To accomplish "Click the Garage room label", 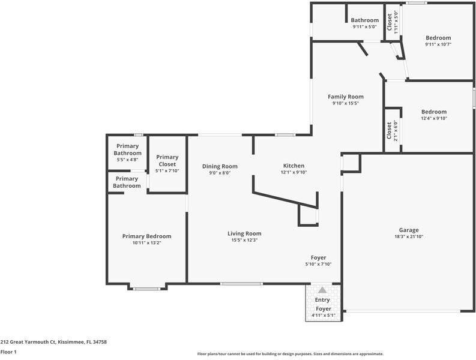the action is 409,230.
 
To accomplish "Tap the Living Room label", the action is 244,233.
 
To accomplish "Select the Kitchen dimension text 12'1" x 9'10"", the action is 294,172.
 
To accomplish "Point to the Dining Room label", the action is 220,166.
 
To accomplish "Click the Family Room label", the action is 346,97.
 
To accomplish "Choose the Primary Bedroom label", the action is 146,236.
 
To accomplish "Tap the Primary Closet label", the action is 167,161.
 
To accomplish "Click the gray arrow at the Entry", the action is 322,290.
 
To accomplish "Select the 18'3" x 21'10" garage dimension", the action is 409,237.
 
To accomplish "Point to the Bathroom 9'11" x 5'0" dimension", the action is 364,27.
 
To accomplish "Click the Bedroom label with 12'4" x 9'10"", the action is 434,112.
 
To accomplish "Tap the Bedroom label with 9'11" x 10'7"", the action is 438,38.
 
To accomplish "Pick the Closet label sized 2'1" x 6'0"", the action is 389,131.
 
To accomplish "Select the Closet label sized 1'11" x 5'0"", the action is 389,22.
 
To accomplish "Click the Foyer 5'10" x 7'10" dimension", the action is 318,264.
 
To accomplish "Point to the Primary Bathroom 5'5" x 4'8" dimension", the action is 127,160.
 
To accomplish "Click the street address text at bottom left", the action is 53,342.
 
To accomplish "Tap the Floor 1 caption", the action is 8,352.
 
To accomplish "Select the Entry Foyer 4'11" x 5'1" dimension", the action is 324,316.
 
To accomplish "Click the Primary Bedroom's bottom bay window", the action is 147,289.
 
